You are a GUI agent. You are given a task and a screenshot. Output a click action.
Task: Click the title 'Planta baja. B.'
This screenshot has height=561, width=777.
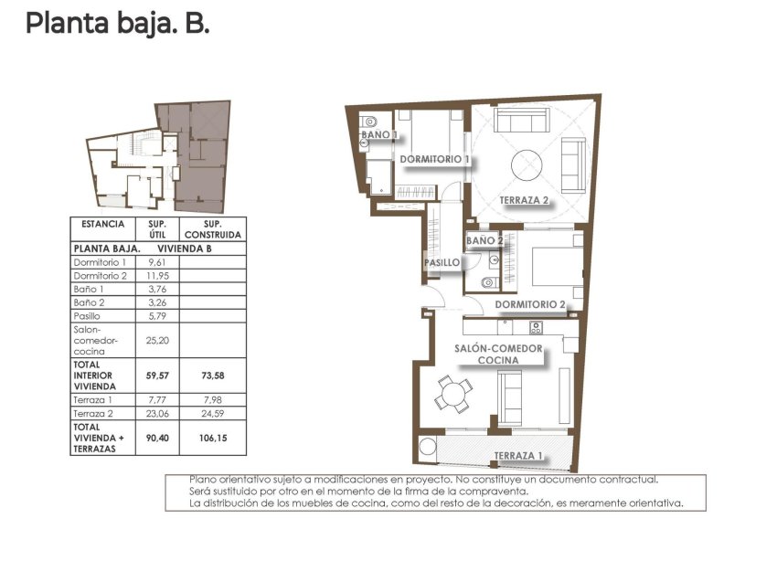point(117,24)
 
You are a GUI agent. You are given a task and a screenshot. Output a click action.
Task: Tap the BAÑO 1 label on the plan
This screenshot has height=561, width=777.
point(379,134)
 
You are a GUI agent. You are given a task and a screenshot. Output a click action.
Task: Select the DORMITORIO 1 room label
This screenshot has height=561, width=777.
point(435,159)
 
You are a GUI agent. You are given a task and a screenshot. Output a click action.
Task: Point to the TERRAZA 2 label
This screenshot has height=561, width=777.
point(524,200)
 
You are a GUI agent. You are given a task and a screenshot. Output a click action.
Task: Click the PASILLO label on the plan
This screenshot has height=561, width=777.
point(442,262)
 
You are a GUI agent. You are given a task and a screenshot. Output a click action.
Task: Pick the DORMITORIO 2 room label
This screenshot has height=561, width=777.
point(530,305)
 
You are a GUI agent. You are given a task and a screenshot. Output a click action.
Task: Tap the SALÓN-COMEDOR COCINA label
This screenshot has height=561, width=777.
point(498,354)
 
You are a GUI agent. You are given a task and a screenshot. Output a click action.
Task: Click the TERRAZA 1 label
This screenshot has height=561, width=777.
point(518,455)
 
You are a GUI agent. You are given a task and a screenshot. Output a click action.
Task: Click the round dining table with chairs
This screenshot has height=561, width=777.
point(453,396)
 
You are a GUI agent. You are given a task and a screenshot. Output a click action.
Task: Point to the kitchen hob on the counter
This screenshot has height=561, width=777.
point(536,326)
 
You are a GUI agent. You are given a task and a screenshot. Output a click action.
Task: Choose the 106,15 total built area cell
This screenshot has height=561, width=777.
point(212,438)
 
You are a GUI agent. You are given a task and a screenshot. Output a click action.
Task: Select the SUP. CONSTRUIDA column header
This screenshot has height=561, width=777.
point(212,228)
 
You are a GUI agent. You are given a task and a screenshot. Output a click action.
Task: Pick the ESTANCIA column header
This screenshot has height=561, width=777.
point(102,224)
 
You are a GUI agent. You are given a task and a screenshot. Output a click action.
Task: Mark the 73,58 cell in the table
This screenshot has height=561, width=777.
point(212,375)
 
